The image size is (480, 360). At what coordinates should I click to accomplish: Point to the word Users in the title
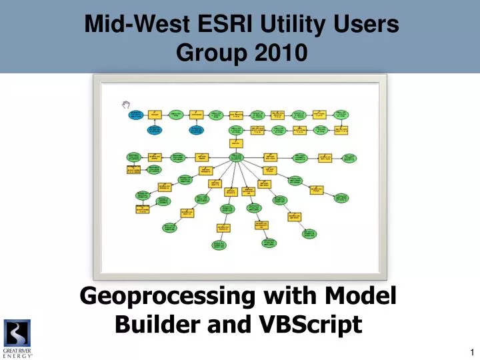click(365, 26)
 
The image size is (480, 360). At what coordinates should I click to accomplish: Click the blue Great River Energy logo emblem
click(17, 332)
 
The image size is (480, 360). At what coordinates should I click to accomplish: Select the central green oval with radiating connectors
click(236, 157)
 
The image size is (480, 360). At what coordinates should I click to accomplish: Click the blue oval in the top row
click(135, 115)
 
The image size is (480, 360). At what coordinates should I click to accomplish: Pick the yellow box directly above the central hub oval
click(236, 143)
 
